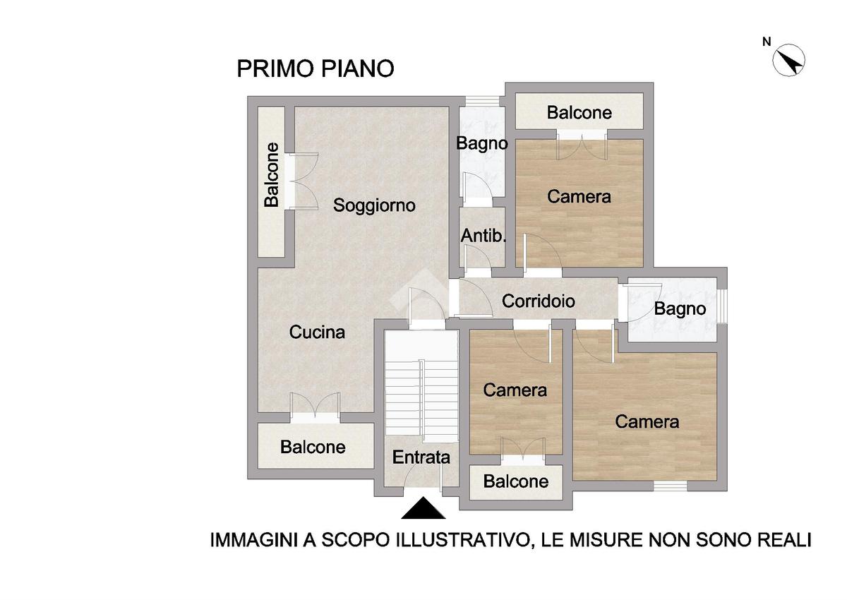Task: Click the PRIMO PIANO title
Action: pyautogui.click(x=316, y=68)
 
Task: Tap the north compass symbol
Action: pyautogui.click(x=788, y=61)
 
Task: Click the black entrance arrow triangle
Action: pyautogui.click(x=423, y=508)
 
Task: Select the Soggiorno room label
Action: pyautogui.click(x=374, y=205)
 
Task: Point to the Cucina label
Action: pyautogui.click(x=317, y=332)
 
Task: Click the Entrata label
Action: pyautogui.click(x=421, y=457)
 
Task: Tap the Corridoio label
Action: pyautogui.click(x=539, y=301)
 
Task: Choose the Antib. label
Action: pyautogui.click(x=483, y=236)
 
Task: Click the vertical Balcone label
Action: pyautogui.click(x=272, y=175)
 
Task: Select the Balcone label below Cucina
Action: pyautogui.click(x=313, y=448)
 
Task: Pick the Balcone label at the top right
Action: pyautogui.click(x=579, y=113)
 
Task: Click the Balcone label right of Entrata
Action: pyautogui.click(x=516, y=481)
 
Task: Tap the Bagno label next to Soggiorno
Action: pyautogui.click(x=481, y=144)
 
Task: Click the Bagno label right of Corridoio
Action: pyautogui.click(x=680, y=309)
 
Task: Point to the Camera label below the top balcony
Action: pyautogui.click(x=579, y=197)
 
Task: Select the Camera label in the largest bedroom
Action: pyautogui.click(x=647, y=422)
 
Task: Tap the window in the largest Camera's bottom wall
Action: pyautogui.click(x=671, y=486)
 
